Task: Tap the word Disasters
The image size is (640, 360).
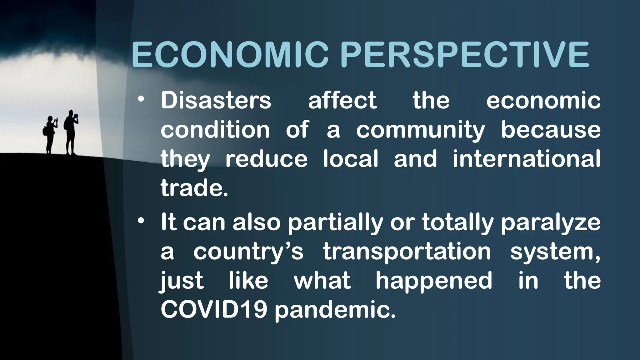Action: [x=216, y=101]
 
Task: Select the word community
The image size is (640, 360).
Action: [x=420, y=130]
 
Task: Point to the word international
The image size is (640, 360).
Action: [x=526, y=159]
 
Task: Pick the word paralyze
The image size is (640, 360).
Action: [x=551, y=223]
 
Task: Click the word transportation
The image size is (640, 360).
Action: [x=407, y=252]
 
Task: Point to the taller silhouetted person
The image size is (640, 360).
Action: [x=71, y=131]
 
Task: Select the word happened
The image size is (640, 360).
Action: [x=434, y=281]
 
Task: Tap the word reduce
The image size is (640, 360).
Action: [x=266, y=159]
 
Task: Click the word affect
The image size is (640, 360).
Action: [x=342, y=101]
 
